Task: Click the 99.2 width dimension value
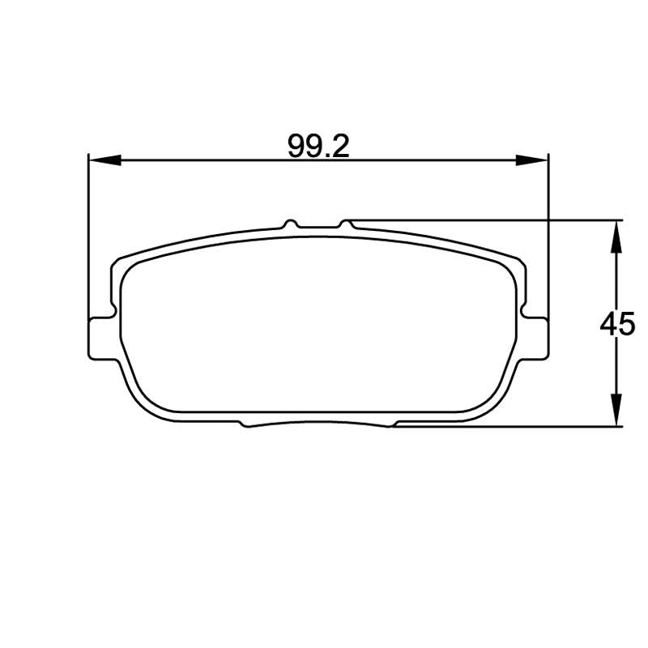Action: [x=318, y=146]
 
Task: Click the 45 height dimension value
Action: [x=617, y=325]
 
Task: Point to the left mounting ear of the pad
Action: [x=98, y=337]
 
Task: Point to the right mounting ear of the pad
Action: [x=539, y=337]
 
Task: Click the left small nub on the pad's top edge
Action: [x=290, y=223]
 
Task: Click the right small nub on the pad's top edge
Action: [x=346, y=223]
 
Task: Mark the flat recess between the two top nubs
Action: [x=318, y=228]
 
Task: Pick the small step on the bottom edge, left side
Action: [x=244, y=423]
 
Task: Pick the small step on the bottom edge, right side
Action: [x=394, y=423]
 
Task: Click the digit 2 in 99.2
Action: [x=340, y=146]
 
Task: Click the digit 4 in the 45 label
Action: [x=608, y=325]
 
